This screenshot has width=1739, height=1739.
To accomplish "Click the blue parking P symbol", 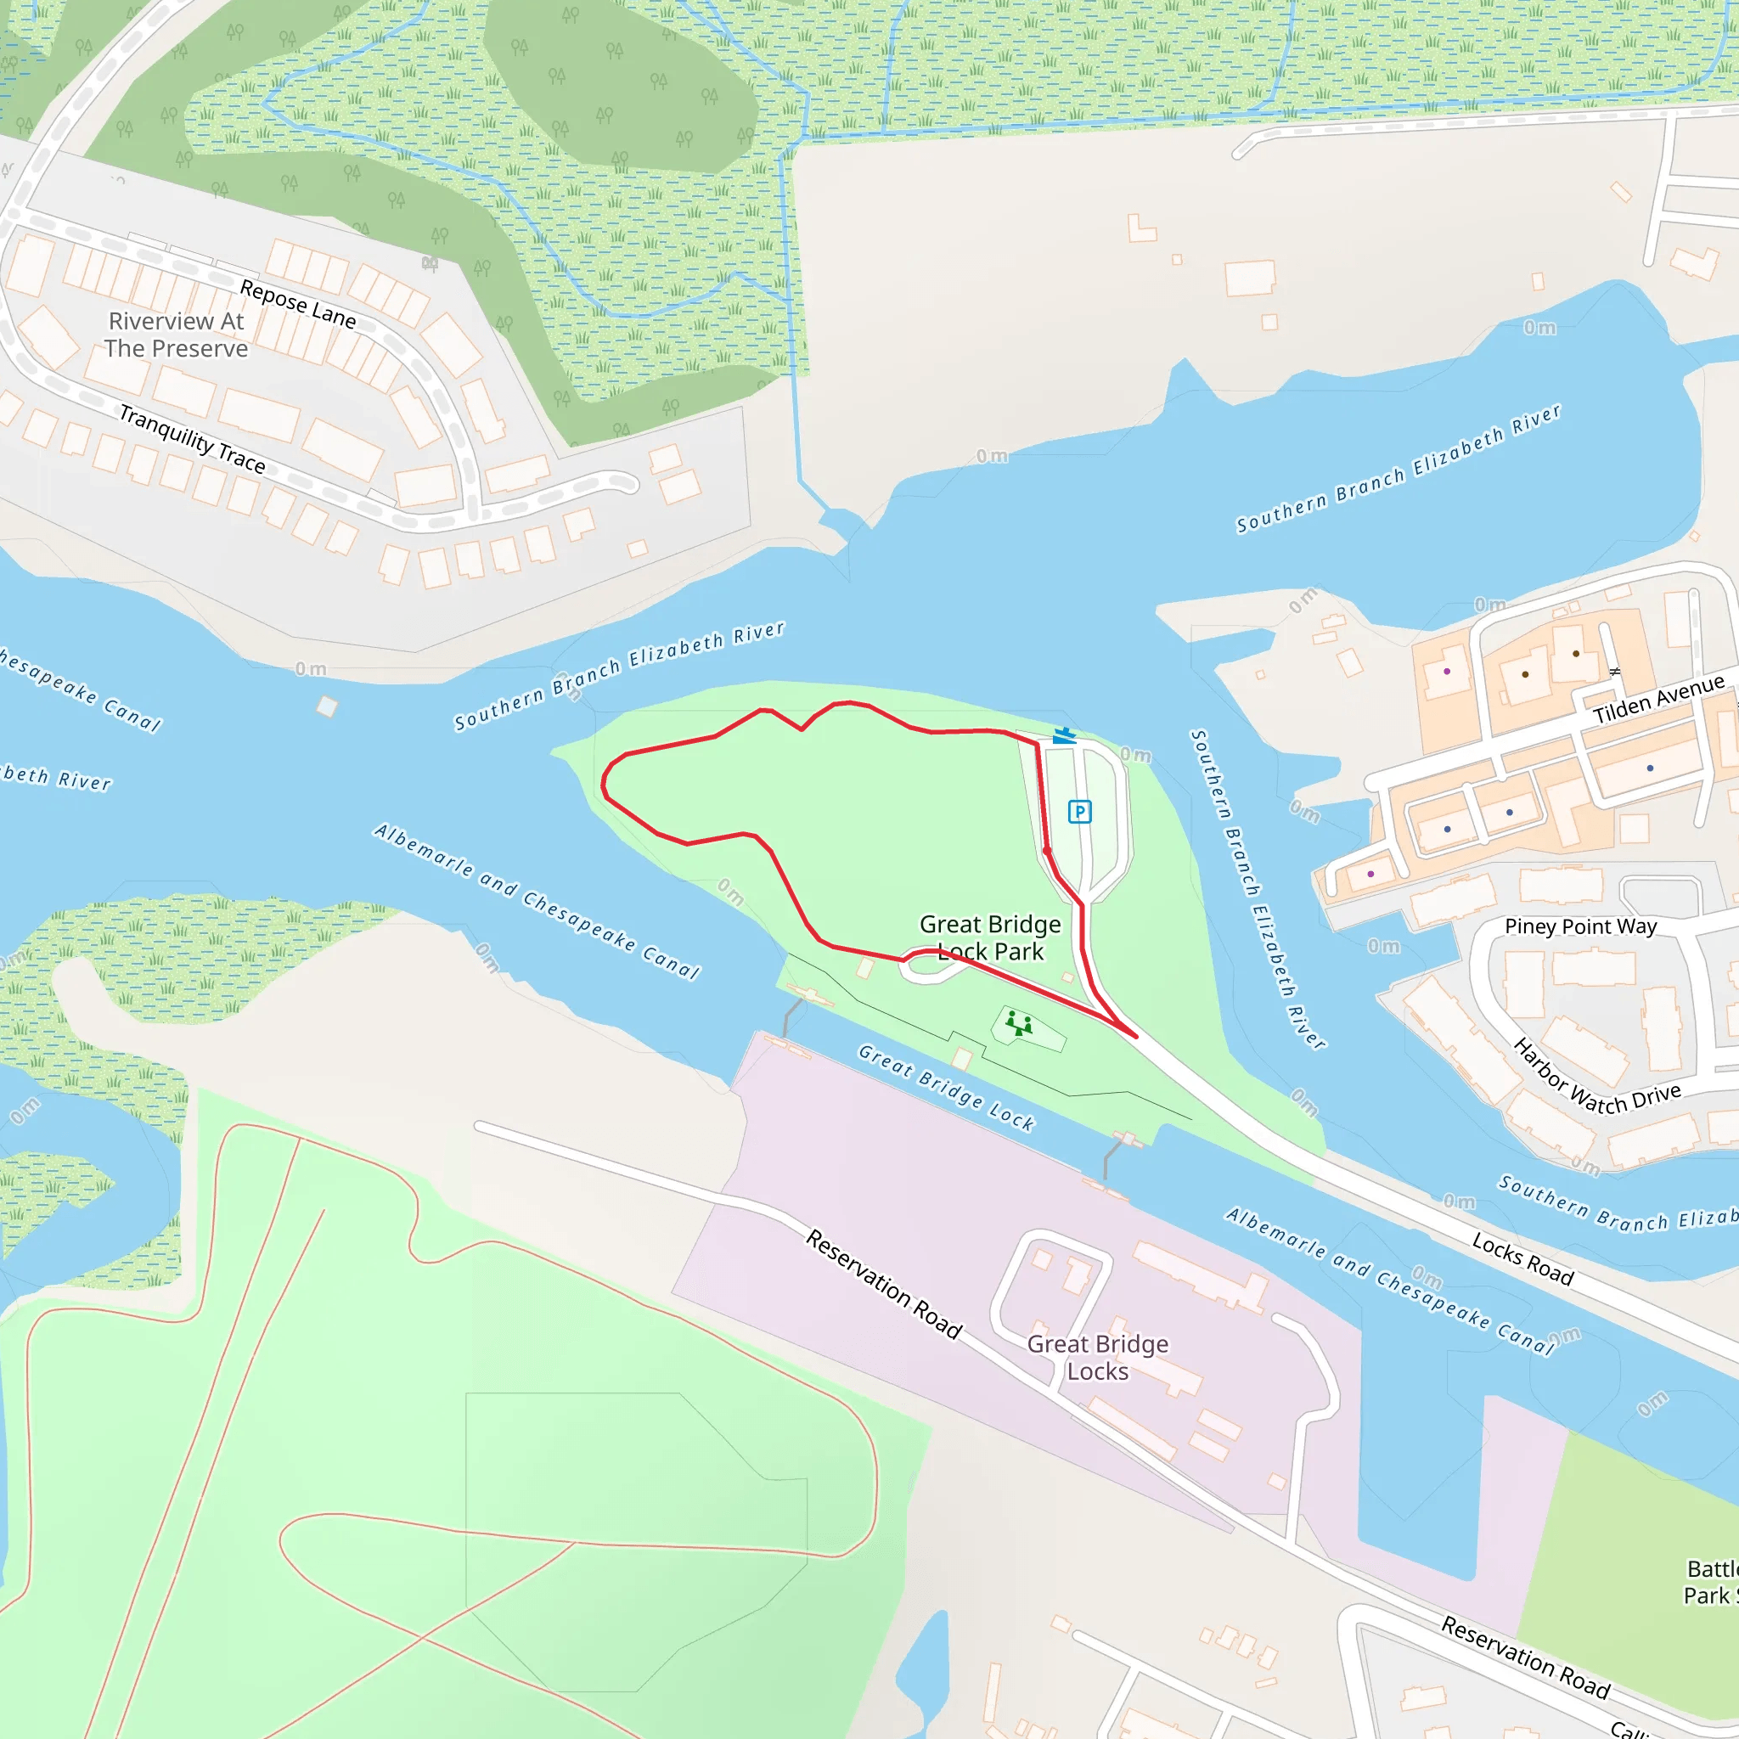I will click(x=1079, y=812).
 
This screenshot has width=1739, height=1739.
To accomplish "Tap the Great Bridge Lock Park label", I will click(x=990, y=937).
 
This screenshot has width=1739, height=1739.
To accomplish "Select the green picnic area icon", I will click(x=1019, y=1024).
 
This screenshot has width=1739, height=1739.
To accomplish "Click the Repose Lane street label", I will click(x=298, y=303).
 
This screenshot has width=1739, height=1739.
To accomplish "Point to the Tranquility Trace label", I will click(x=193, y=439).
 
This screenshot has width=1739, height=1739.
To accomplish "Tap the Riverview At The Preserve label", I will click(x=176, y=335).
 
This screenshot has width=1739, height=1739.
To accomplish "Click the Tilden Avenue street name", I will click(x=1658, y=701).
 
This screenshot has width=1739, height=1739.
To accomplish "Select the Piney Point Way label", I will click(x=1580, y=926).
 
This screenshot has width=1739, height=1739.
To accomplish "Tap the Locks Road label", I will click(x=1523, y=1258).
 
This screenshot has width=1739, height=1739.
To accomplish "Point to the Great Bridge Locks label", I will click(x=1097, y=1358).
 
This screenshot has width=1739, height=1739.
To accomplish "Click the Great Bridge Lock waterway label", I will click(x=946, y=1088).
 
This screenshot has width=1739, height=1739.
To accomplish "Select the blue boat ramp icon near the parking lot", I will click(x=1064, y=736).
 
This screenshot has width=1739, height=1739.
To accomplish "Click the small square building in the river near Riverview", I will click(x=327, y=706).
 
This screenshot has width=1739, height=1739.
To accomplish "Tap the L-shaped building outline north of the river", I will click(x=1140, y=228).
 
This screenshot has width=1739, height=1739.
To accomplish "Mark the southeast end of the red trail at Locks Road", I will click(x=1136, y=1037).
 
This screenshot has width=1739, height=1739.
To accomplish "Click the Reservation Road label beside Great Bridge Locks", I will click(x=883, y=1285).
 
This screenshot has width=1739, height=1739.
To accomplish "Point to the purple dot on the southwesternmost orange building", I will click(x=1370, y=874).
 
